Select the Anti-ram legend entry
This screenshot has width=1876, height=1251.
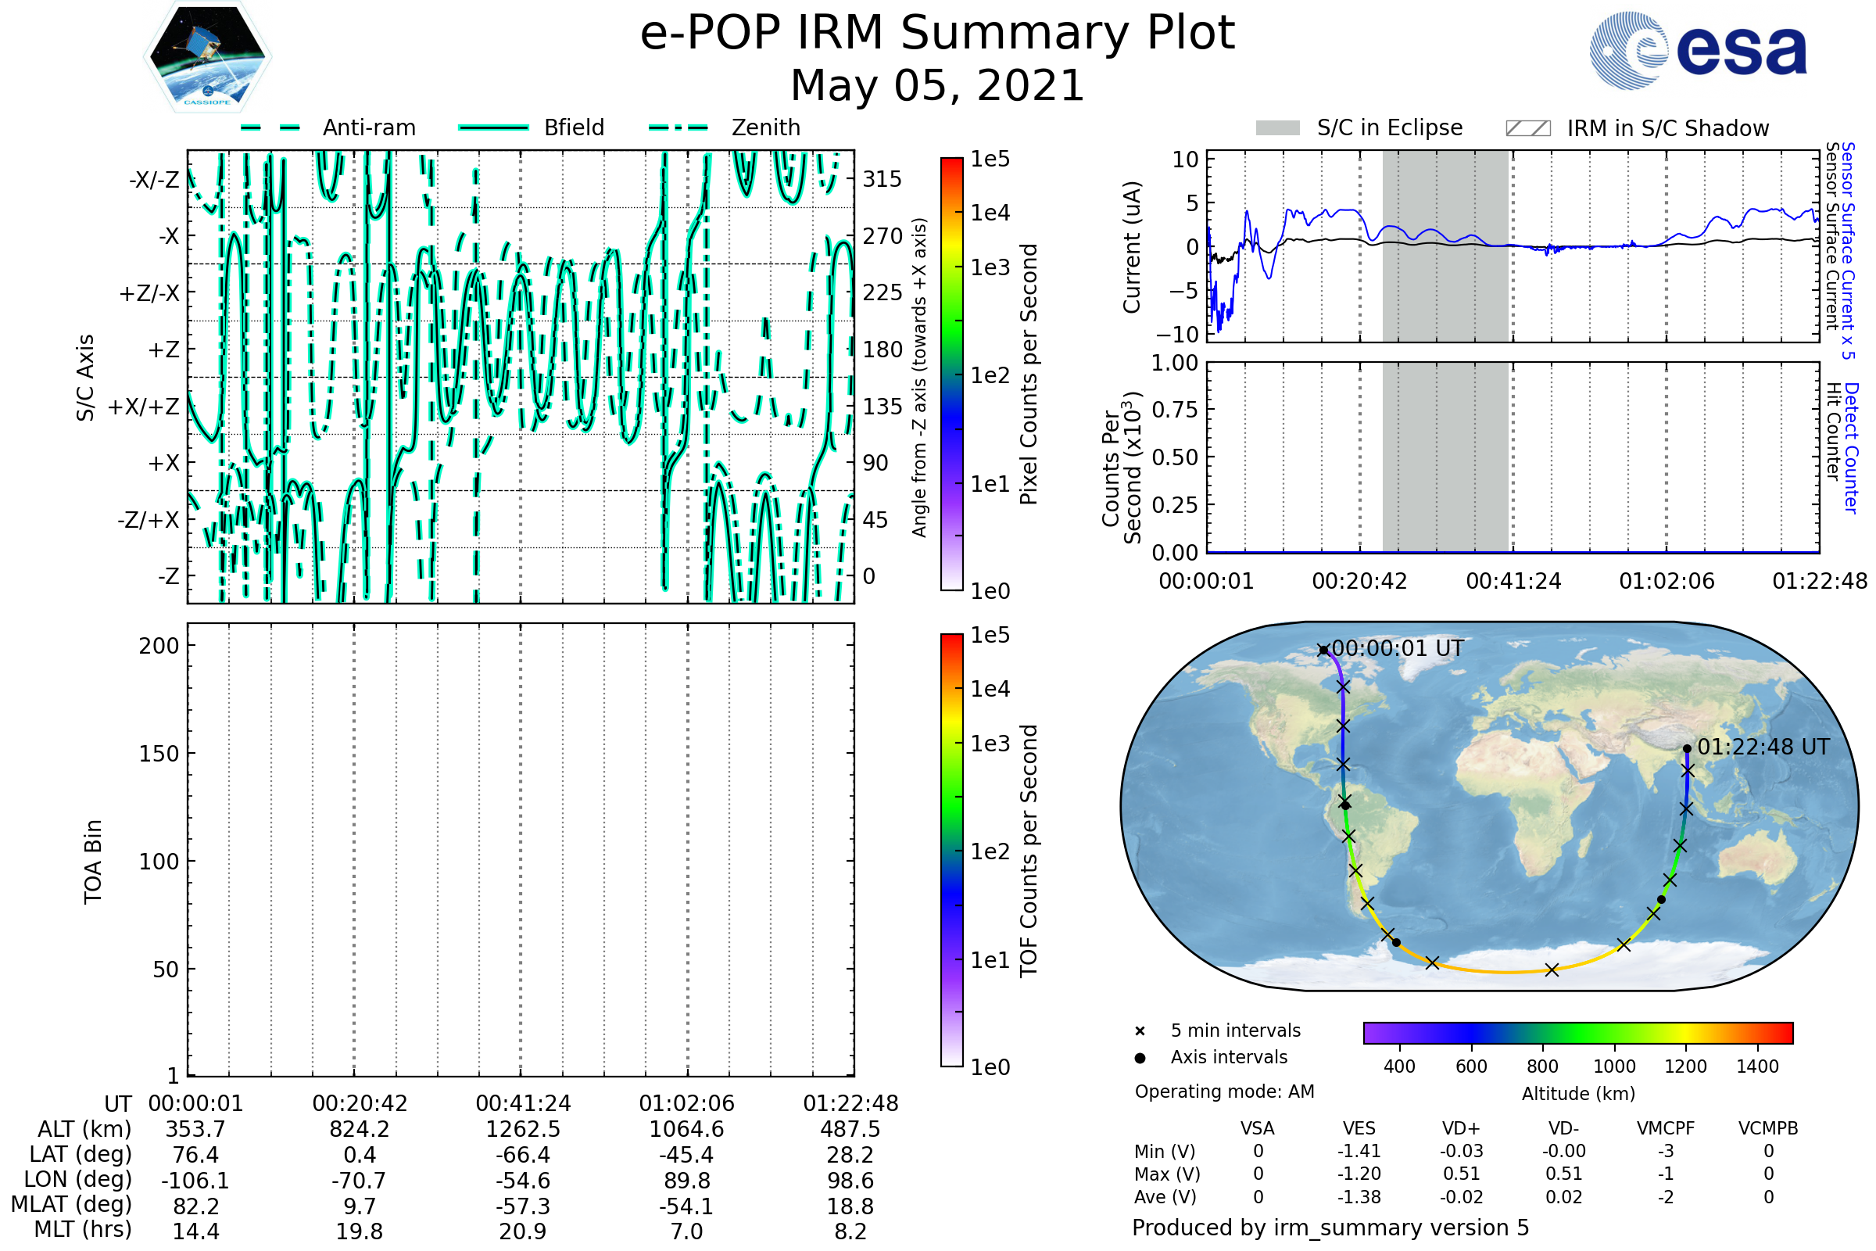(328, 127)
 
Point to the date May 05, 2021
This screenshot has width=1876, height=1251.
(937, 85)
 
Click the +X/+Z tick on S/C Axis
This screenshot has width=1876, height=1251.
(144, 407)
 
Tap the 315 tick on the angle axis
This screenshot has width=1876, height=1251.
(883, 179)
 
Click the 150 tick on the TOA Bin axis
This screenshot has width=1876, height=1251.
(159, 754)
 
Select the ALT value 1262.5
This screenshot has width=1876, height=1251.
(522, 1130)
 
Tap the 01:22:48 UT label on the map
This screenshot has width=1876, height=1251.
(1763, 747)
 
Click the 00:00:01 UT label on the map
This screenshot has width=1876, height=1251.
(1398, 649)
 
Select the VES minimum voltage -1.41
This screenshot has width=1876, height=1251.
(1359, 1151)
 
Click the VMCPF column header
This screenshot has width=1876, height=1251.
(1666, 1129)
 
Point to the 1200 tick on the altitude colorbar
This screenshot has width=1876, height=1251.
(1685, 1066)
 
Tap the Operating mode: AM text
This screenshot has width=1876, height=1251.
(1224, 1091)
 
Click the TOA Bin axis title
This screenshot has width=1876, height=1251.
(93, 862)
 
